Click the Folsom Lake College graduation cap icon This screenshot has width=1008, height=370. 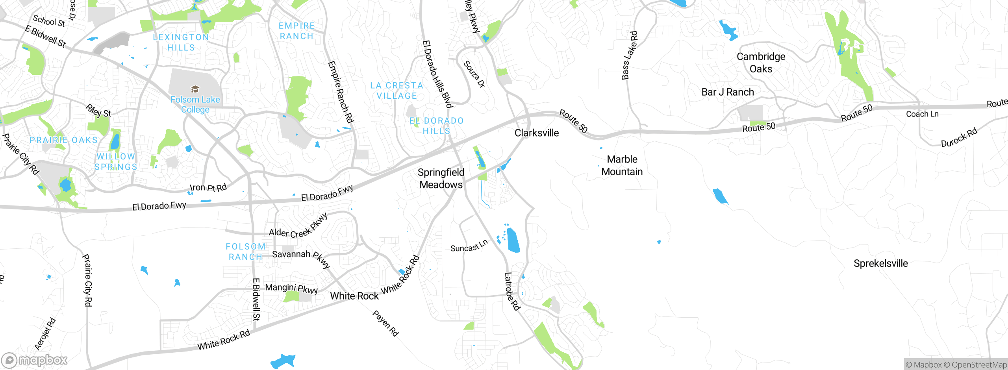(x=195, y=89)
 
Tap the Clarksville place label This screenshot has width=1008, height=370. (x=536, y=133)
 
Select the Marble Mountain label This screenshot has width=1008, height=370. (x=622, y=165)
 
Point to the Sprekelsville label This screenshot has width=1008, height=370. (x=880, y=263)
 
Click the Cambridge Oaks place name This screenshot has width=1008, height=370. (x=761, y=63)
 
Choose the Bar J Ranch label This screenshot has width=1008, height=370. (x=727, y=92)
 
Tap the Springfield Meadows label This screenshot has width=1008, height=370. (x=441, y=178)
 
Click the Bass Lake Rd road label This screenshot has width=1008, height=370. (x=629, y=55)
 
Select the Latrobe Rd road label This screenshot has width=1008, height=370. (x=512, y=291)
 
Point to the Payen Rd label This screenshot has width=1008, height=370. (x=385, y=323)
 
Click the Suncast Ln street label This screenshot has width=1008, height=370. (x=469, y=246)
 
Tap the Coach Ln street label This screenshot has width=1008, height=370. (x=922, y=114)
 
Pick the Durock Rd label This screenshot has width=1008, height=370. (x=959, y=137)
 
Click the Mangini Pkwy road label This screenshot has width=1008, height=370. (x=291, y=288)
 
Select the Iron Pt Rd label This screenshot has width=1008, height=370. (x=208, y=187)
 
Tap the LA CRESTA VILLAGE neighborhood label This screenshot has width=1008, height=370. (x=397, y=91)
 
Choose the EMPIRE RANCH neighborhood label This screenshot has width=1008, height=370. (x=296, y=31)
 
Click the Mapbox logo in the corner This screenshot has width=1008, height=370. (x=35, y=360)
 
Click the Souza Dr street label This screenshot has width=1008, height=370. (x=474, y=74)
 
